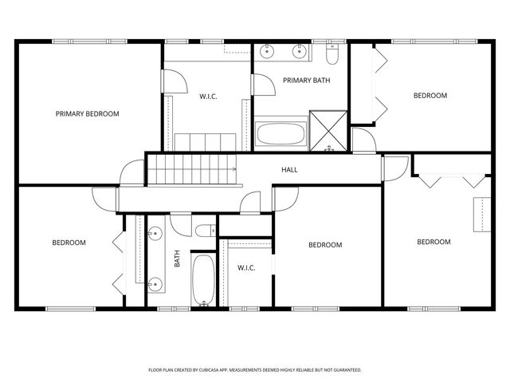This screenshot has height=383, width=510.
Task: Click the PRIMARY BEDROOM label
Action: (x=87, y=113)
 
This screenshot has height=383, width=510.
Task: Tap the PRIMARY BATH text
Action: (x=306, y=80)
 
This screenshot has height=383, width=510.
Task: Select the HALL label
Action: (x=289, y=170)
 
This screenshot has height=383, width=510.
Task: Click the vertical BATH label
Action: (x=177, y=259)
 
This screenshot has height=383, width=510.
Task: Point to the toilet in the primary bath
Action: (x=332, y=53)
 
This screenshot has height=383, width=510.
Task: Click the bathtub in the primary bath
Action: (x=281, y=133)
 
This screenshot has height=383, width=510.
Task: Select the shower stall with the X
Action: (x=328, y=131)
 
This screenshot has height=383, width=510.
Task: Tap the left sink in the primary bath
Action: (x=267, y=51)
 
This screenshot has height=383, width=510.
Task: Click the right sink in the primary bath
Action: (x=299, y=51)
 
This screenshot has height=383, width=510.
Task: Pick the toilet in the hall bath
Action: (x=206, y=231)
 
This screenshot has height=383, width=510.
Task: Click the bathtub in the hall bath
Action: (x=204, y=280)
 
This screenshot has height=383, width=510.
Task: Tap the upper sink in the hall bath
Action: (x=155, y=234)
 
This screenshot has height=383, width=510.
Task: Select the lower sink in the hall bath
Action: (x=155, y=284)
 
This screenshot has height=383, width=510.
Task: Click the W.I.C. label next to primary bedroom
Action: (x=208, y=97)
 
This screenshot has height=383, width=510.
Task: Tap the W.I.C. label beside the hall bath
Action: (x=246, y=268)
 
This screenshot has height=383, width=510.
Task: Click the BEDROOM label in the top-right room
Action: (x=430, y=96)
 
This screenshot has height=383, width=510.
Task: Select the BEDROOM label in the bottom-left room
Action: (x=69, y=243)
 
